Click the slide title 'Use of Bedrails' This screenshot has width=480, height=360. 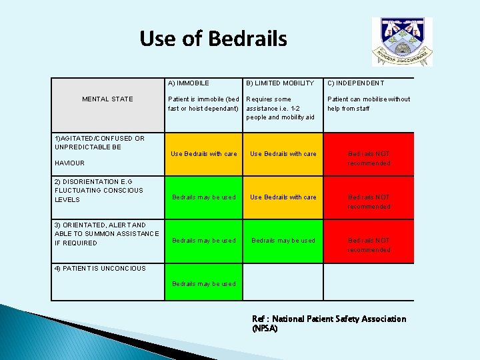click(x=213, y=39)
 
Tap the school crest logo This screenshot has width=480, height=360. click(x=401, y=41)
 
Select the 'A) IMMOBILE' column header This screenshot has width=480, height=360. click(x=189, y=83)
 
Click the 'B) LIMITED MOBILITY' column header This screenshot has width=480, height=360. click(x=280, y=83)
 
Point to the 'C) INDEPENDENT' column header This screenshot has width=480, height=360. click(x=355, y=83)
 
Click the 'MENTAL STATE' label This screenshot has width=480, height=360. click(x=107, y=99)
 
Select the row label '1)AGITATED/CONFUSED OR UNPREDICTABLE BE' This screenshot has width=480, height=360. click(x=99, y=143)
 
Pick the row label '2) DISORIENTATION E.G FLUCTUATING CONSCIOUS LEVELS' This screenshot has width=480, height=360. click(x=99, y=190)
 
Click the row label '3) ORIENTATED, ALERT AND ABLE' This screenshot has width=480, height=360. click(x=107, y=234)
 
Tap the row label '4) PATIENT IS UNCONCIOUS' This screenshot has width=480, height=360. click(x=100, y=269)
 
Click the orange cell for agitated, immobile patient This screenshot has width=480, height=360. click(x=204, y=154)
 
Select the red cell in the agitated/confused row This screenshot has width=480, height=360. click(x=369, y=158)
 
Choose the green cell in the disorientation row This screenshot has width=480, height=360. click(x=204, y=197)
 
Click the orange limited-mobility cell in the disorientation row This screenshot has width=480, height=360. click(x=283, y=197)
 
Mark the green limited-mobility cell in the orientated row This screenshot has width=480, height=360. click(x=283, y=241)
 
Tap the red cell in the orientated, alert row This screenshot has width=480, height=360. click(x=369, y=245)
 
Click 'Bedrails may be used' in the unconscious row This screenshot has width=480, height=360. click(x=204, y=284)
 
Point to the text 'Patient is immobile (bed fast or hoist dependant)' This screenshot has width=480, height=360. click(x=203, y=104)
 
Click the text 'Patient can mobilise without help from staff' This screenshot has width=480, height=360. click(x=369, y=104)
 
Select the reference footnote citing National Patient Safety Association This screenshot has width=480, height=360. click(x=329, y=323)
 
